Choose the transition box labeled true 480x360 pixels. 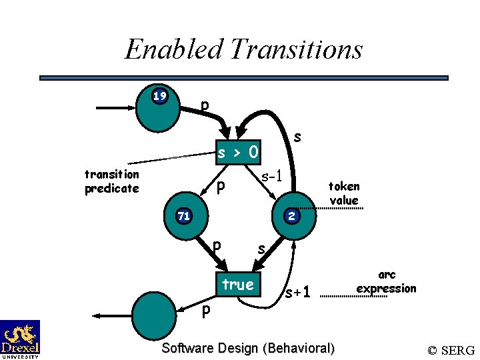pyautogui.click(x=238, y=285)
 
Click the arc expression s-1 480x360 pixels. pyautogui.click(x=273, y=177)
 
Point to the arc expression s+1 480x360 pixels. pyautogui.click(x=297, y=292)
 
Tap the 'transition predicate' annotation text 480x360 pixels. pyautogui.click(x=112, y=181)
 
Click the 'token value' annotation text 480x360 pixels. pyautogui.click(x=344, y=193)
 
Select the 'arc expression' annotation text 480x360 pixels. pyautogui.click(x=386, y=281)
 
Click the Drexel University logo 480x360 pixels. pyautogui.click(x=20, y=339)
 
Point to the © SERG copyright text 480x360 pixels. pyautogui.click(x=451, y=350)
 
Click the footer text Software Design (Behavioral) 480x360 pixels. pyautogui.click(x=248, y=348)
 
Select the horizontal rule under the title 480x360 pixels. pyautogui.click(x=244, y=78)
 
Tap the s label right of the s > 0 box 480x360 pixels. pyautogui.click(x=298, y=136)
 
